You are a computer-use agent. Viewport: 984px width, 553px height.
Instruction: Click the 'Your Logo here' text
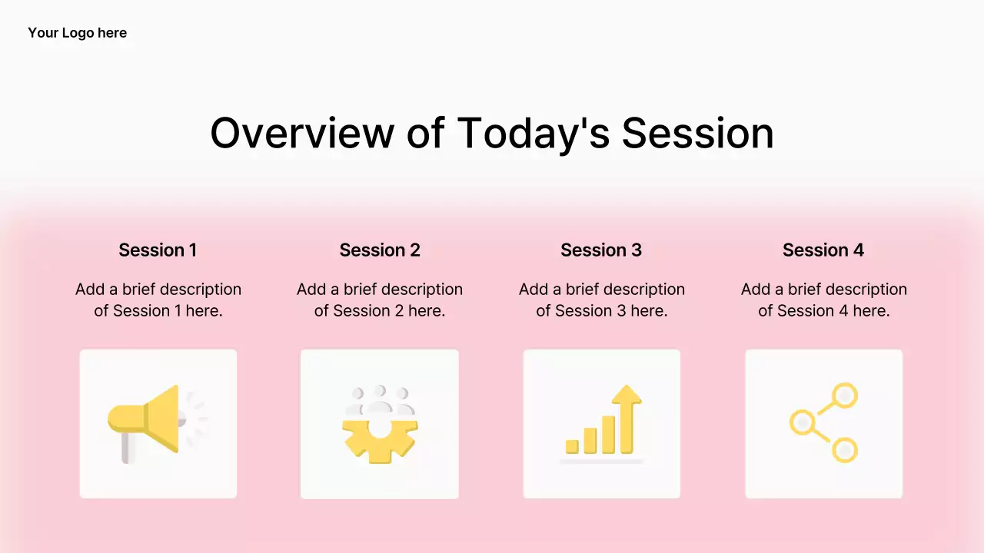coord(78,33)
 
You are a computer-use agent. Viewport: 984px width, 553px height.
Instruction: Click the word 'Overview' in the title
coord(302,133)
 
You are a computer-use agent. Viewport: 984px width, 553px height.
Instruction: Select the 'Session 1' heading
coord(158,250)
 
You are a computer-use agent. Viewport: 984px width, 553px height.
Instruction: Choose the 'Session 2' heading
coord(380,250)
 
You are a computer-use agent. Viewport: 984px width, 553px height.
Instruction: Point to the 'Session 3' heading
coord(601,250)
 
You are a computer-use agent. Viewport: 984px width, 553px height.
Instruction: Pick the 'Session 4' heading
coord(823,250)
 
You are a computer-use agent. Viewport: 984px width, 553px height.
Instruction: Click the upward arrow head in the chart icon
coord(627,394)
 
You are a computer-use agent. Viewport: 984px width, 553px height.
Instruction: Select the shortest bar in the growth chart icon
coord(572,446)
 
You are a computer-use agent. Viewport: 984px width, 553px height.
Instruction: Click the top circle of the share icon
coord(844,396)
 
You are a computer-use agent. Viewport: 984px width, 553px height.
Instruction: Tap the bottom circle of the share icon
coord(844,450)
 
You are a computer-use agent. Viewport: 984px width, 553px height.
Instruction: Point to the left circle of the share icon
coord(803,422)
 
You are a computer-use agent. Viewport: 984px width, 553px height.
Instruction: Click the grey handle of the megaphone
coord(125,448)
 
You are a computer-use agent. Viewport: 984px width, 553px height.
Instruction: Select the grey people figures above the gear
coord(380,400)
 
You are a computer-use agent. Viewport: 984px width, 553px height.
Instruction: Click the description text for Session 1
coord(158,300)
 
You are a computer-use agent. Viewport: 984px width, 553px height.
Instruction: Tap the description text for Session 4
coord(824,300)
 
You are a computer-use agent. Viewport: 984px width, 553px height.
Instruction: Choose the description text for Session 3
coord(602,300)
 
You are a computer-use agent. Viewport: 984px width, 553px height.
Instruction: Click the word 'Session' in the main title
coord(697,133)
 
